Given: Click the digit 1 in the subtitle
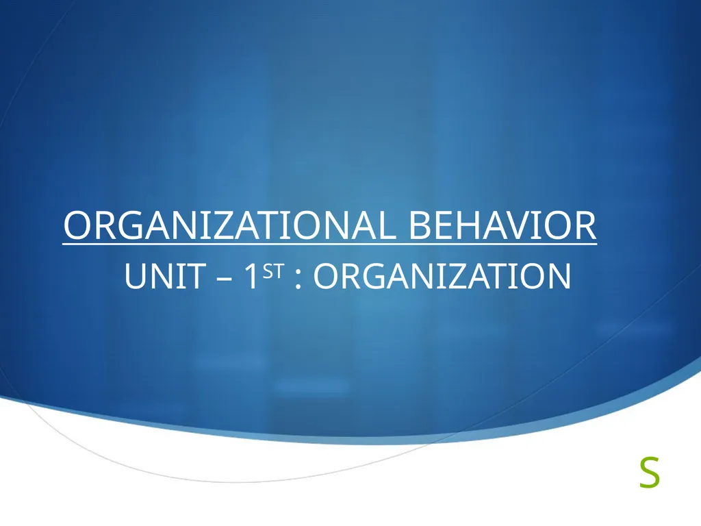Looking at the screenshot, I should pos(251,277).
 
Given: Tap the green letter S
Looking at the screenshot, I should pos(649,474).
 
